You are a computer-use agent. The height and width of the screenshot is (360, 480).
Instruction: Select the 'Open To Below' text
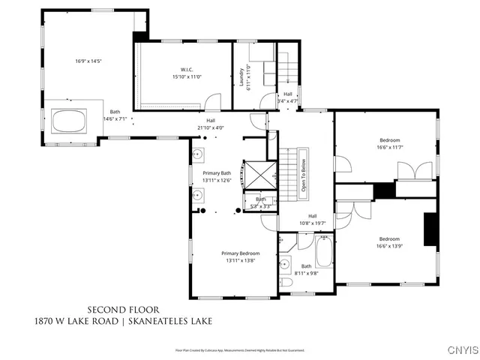304,177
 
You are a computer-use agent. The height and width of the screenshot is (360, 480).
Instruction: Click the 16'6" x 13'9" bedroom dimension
388,246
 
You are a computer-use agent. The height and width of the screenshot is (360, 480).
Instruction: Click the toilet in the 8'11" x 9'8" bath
286,283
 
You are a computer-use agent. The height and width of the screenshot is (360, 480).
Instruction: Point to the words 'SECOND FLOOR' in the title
123,309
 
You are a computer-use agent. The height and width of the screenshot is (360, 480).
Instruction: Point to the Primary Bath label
216,172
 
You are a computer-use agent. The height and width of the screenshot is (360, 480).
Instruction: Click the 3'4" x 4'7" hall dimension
287,100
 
